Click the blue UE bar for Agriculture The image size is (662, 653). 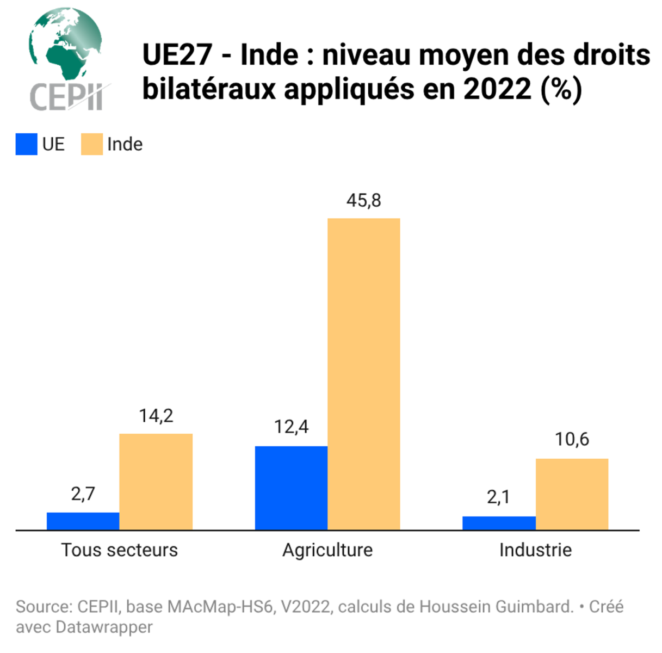(291, 488)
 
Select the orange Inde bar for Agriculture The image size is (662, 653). (363, 374)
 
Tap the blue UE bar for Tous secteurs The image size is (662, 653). (83, 521)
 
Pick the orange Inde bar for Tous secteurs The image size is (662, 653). (156, 482)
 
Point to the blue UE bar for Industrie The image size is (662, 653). (499, 523)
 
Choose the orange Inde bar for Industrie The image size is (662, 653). (572, 494)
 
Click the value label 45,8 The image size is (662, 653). (363, 200)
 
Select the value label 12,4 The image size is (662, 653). (291, 427)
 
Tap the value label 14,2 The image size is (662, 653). (156, 416)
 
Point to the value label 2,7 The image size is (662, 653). (83, 494)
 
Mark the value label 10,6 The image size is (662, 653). (572, 439)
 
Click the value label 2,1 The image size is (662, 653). (498, 497)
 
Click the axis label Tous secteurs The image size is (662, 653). (119, 550)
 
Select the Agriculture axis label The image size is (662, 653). (327, 550)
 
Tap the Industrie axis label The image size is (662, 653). (535, 550)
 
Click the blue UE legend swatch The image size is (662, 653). (26, 144)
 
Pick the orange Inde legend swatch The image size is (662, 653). (92, 144)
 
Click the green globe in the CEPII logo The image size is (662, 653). (65, 44)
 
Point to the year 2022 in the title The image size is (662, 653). (497, 89)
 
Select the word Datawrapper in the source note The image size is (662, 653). (104, 627)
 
